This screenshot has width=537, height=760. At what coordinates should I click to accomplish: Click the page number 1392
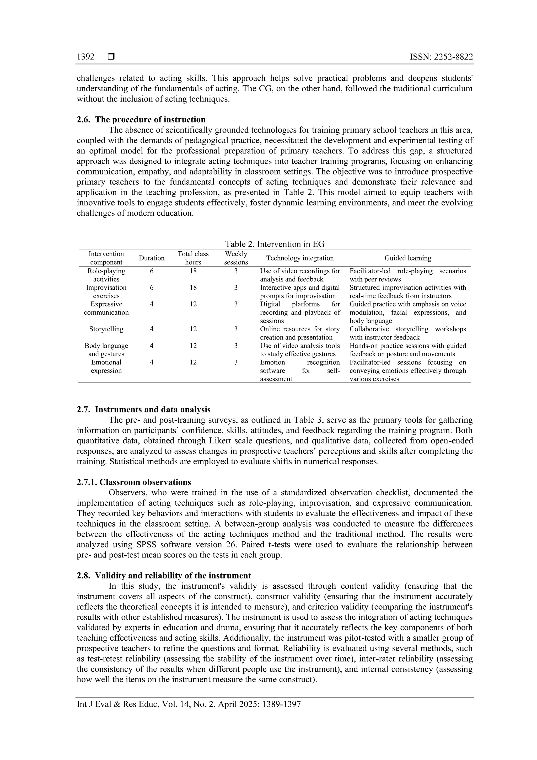tap(85, 57)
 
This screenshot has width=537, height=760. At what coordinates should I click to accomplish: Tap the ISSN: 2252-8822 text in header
tap(441, 57)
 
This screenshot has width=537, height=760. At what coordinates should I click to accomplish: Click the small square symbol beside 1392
tap(111, 57)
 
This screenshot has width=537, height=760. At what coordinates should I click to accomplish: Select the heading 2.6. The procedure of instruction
tap(141, 119)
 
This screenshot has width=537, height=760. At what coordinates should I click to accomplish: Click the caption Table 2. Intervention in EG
tap(275, 244)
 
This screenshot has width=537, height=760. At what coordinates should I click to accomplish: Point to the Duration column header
tap(152, 258)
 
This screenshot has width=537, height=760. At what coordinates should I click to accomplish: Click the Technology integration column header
tap(300, 258)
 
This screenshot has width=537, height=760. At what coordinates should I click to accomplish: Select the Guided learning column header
tap(408, 258)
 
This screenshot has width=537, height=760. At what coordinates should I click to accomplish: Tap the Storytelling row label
tap(106, 329)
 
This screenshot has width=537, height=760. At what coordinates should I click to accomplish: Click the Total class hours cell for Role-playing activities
tap(193, 271)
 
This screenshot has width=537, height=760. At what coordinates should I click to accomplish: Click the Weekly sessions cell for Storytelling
tap(236, 329)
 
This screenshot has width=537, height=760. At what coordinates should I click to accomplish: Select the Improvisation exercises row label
tap(106, 292)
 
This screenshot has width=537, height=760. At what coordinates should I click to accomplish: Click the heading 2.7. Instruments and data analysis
tap(144, 410)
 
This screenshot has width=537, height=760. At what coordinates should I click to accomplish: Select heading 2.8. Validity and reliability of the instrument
tap(164, 575)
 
